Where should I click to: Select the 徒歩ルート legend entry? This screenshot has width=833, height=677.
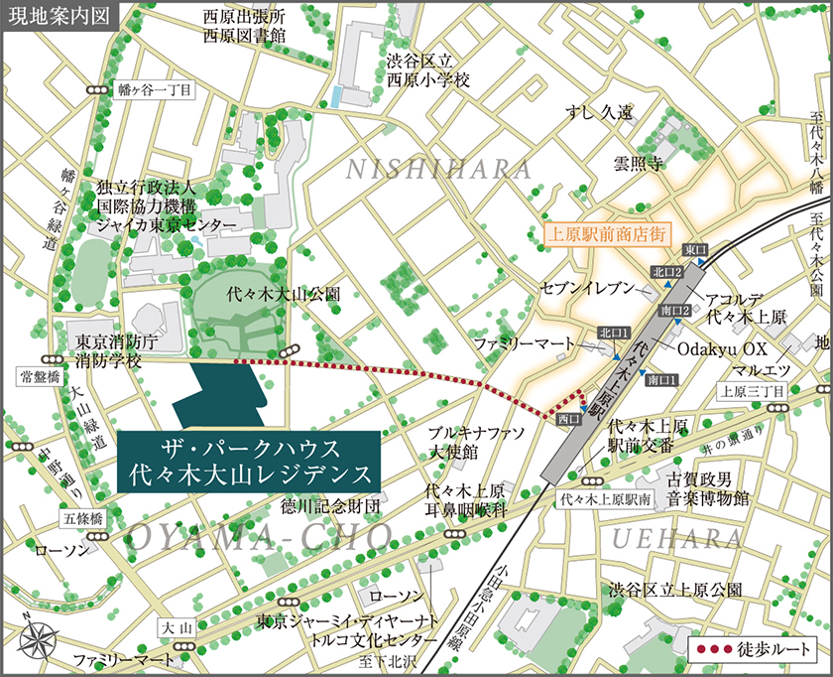[x=756, y=651]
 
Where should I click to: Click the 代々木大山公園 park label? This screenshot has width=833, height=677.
[x=270, y=295]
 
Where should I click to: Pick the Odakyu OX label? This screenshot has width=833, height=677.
[x=723, y=350]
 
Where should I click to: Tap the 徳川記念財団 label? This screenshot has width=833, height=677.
[x=330, y=506]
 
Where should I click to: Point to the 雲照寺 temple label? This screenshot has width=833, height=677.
[x=638, y=163]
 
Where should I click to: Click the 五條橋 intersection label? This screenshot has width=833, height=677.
[x=83, y=518]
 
